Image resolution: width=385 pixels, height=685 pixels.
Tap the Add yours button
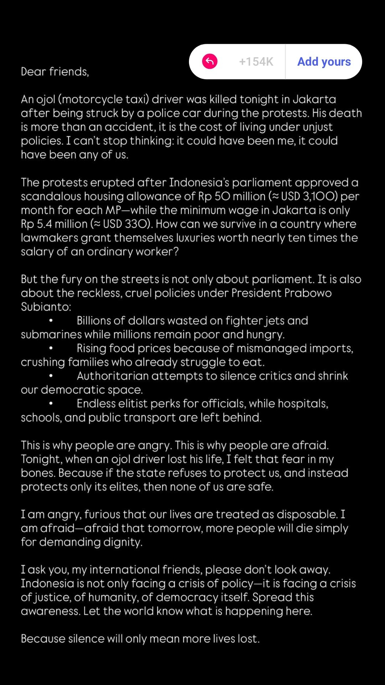click(x=324, y=62)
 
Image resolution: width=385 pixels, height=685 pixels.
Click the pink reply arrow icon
click(x=210, y=62)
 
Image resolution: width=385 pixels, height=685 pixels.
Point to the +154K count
click(x=256, y=62)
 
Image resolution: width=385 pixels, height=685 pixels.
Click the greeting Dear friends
click(x=55, y=72)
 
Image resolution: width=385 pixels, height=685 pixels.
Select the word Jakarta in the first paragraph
click(x=314, y=99)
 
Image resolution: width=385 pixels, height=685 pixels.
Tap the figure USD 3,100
click(x=309, y=196)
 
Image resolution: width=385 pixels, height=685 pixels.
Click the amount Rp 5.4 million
click(x=54, y=224)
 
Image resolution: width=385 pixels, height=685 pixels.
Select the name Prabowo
click(x=308, y=293)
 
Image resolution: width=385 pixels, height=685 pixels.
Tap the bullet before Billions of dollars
click(x=51, y=321)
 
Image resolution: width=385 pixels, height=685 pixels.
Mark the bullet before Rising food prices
click(x=51, y=348)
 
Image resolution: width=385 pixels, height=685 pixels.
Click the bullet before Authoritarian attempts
click(x=51, y=376)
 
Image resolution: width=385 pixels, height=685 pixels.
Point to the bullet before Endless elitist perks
click(x=51, y=404)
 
